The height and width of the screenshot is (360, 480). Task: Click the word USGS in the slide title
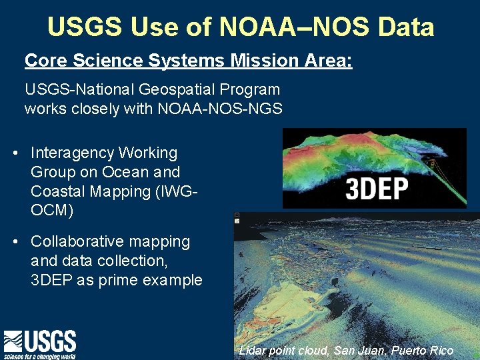coord(85,27)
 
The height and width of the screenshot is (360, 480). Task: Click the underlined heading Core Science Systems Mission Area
coord(188,61)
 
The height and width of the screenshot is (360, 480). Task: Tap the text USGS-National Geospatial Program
coord(152,89)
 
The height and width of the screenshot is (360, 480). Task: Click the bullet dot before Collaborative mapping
coord(15,242)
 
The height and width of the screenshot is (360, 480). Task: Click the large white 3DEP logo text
coord(377,189)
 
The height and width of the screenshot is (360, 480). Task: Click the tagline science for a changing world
coord(40,356)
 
